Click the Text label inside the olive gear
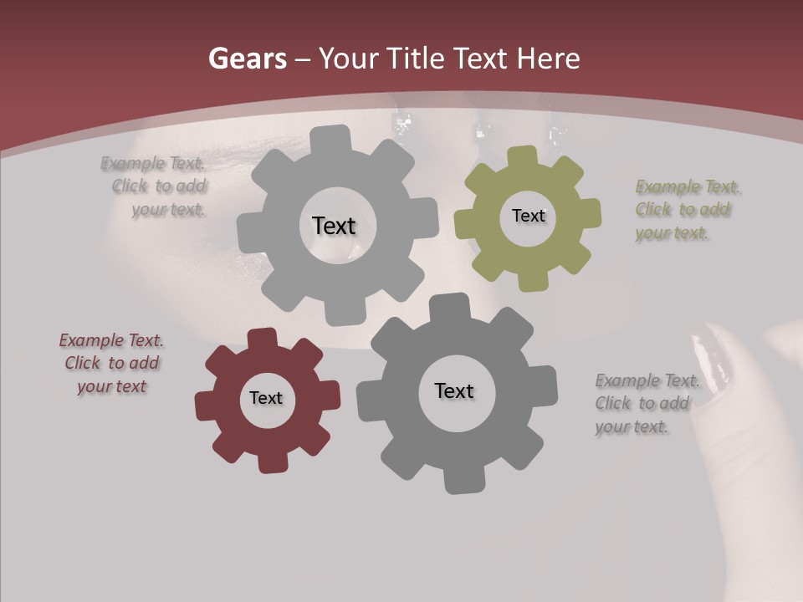[x=528, y=216]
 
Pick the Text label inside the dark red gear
[x=266, y=398]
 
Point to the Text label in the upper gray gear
[x=334, y=226]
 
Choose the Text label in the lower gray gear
[x=454, y=390]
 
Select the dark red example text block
[x=111, y=364]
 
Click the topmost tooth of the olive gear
[x=523, y=156]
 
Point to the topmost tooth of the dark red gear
[x=262, y=338]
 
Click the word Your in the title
[x=344, y=59]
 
